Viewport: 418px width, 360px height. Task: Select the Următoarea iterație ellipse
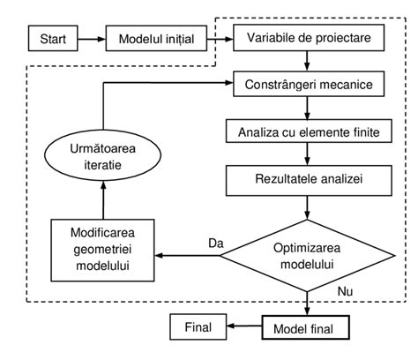(102, 156)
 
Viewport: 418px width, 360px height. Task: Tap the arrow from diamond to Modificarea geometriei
(187, 257)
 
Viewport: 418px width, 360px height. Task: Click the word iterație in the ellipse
(102, 165)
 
